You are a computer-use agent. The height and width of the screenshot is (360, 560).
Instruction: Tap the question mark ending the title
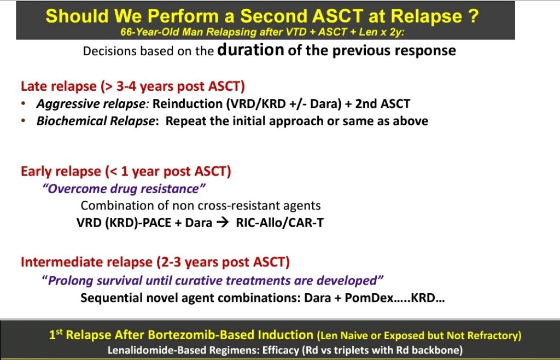click(474, 16)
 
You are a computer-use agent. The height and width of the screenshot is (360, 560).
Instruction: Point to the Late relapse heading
click(133, 86)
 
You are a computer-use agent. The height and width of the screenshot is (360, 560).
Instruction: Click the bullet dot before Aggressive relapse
click(23, 103)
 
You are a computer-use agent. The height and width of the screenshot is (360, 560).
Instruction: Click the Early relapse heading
click(126, 171)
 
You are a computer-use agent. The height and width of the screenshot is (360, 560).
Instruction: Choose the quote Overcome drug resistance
click(124, 189)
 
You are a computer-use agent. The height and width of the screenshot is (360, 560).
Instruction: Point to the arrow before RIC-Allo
click(223, 223)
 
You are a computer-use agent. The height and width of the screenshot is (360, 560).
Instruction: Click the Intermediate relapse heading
click(155, 262)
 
